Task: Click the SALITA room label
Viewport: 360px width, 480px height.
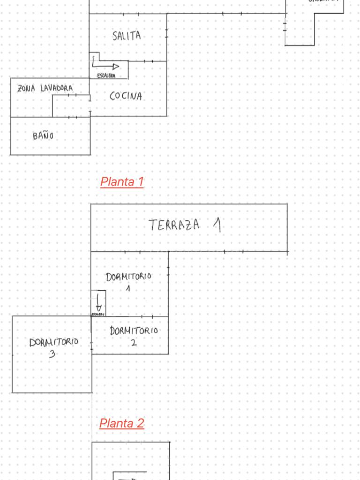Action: (127, 36)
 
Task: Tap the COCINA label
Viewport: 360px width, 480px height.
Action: (126, 96)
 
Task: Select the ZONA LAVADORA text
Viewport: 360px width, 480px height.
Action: (45, 88)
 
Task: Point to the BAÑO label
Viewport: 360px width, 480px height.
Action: (43, 136)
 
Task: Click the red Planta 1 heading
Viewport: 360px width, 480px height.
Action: (122, 182)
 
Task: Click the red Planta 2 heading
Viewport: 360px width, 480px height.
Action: (122, 423)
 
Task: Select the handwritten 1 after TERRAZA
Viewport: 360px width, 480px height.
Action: (217, 225)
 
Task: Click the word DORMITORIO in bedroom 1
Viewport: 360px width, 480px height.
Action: (128, 277)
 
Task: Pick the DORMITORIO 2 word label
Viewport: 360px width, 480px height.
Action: (134, 331)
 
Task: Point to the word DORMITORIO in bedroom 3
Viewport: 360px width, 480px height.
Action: (53, 342)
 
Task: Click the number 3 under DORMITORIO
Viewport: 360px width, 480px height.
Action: (52, 354)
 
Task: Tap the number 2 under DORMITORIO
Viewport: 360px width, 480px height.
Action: (134, 343)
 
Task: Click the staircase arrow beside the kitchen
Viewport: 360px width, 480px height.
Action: (105, 64)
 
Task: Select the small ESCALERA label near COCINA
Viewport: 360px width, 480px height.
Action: (105, 76)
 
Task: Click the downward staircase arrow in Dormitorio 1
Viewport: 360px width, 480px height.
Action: (98, 302)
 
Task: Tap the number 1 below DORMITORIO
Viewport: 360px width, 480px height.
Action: (127, 289)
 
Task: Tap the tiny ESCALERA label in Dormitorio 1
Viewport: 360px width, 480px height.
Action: (97, 314)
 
